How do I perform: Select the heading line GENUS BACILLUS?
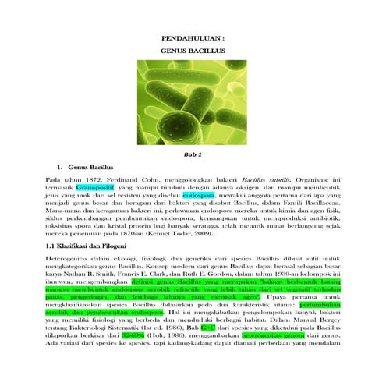click(x=193, y=50)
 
